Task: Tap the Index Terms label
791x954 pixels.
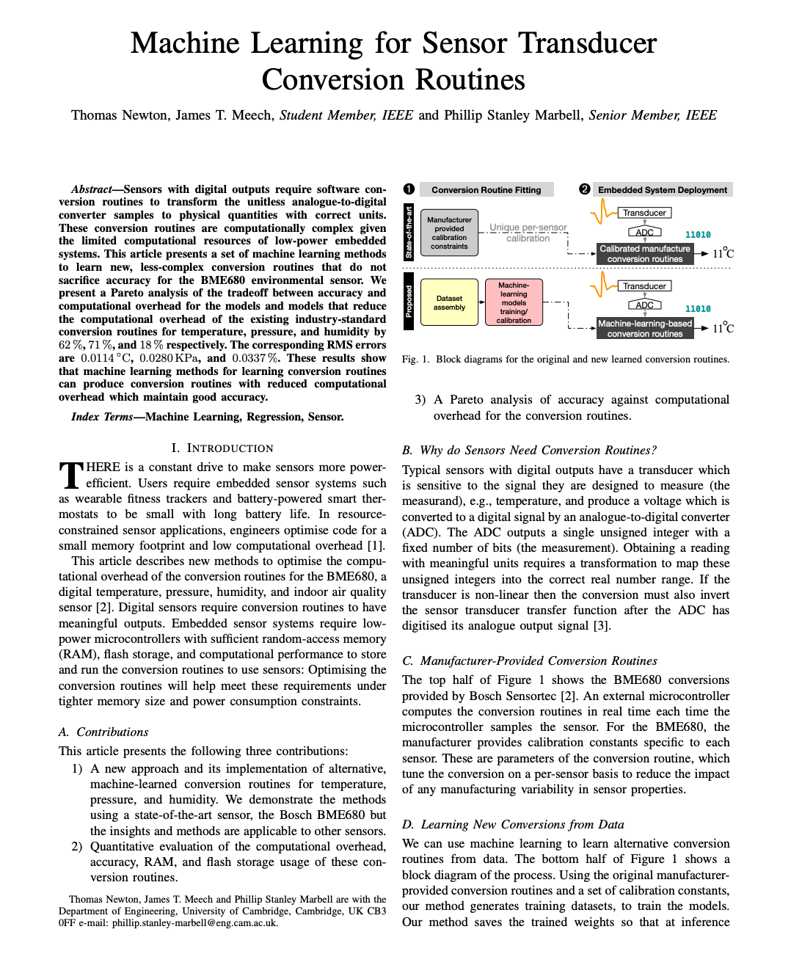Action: click(102, 417)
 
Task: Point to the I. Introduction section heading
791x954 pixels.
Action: click(222, 448)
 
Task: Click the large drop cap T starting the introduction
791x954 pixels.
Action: click(70, 475)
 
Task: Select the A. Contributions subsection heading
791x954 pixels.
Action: click(103, 732)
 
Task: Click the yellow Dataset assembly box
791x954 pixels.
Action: click(449, 302)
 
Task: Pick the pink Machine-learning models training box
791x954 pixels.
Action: click(514, 302)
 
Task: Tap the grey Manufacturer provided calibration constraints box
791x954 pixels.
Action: click(449, 233)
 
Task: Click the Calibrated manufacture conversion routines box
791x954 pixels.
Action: click(645, 254)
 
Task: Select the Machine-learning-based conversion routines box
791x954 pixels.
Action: click(645, 328)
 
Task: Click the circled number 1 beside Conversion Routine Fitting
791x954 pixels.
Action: click(409, 189)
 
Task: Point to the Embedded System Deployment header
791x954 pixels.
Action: click(662, 190)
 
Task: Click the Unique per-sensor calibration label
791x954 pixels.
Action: click(528, 233)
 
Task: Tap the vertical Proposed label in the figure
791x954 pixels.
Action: click(409, 302)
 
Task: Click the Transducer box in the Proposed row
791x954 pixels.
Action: click(644, 286)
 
